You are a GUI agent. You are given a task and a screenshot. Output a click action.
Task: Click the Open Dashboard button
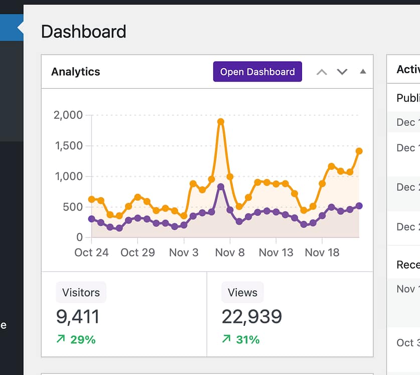click(257, 72)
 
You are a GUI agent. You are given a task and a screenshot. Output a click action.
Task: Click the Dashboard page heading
click(83, 32)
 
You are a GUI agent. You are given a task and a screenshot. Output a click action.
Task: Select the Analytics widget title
click(76, 72)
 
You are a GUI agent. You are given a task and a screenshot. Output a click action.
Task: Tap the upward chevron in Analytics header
click(322, 72)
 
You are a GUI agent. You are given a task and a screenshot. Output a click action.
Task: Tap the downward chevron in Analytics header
click(342, 72)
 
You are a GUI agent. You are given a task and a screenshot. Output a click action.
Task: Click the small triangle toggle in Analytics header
click(363, 72)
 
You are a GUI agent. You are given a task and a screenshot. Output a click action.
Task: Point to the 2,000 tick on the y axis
click(68, 115)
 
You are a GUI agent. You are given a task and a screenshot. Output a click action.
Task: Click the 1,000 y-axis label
click(68, 176)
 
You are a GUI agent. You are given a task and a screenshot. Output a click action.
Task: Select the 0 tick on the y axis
click(80, 237)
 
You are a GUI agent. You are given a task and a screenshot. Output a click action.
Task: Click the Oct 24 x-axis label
click(91, 252)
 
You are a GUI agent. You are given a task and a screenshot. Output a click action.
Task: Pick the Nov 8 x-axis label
click(230, 252)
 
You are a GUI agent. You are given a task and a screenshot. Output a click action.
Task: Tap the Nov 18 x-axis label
click(322, 252)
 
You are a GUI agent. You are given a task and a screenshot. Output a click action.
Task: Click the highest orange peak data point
click(221, 122)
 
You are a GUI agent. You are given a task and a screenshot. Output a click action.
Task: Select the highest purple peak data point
click(221, 186)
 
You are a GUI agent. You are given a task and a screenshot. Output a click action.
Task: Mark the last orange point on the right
click(359, 151)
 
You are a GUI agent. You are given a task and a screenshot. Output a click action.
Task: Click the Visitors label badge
click(81, 293)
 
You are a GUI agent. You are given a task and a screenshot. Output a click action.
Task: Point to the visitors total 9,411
click(78, 317)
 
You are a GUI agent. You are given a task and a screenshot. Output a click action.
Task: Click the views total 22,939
click(252, 317)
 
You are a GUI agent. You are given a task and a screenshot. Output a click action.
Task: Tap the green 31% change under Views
click(241, 340)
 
